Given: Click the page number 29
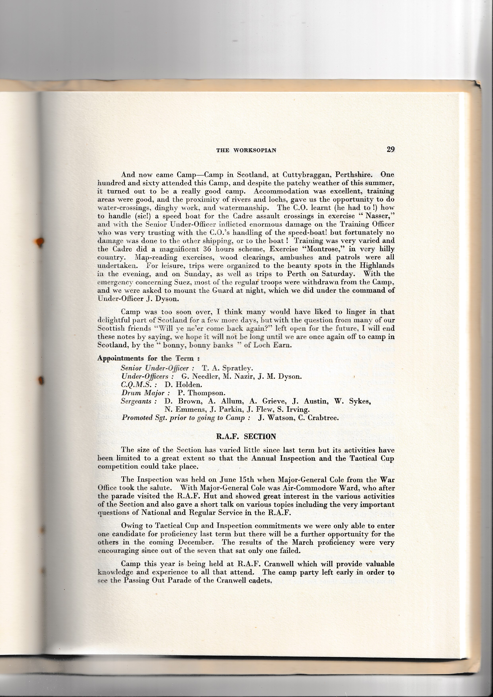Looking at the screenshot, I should [x=390, y=149].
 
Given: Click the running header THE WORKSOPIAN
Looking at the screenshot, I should [x=246, y=150].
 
